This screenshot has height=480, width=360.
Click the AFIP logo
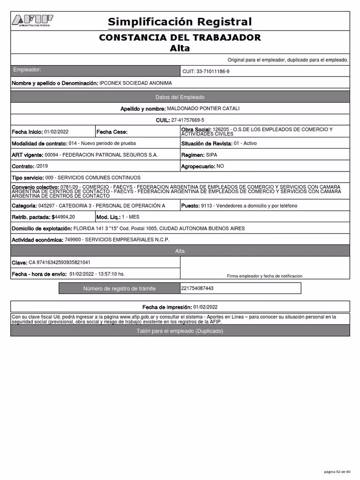point(32,21)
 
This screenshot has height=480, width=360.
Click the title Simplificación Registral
point(180,22)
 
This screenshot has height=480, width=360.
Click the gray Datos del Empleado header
point(180,97)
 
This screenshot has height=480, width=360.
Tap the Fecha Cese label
point(112,132)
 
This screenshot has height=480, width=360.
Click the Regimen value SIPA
point(211,155)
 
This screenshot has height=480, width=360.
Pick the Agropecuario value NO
point(220,166)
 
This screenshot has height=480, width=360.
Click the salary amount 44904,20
point(65,217)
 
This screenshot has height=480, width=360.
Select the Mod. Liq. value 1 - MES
point(130,217)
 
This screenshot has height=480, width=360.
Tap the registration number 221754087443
point(197,288)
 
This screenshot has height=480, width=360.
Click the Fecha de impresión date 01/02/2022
point(205,307)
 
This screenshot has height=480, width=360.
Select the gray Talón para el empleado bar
point(180,331)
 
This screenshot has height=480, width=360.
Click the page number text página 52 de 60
point(337,471)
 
